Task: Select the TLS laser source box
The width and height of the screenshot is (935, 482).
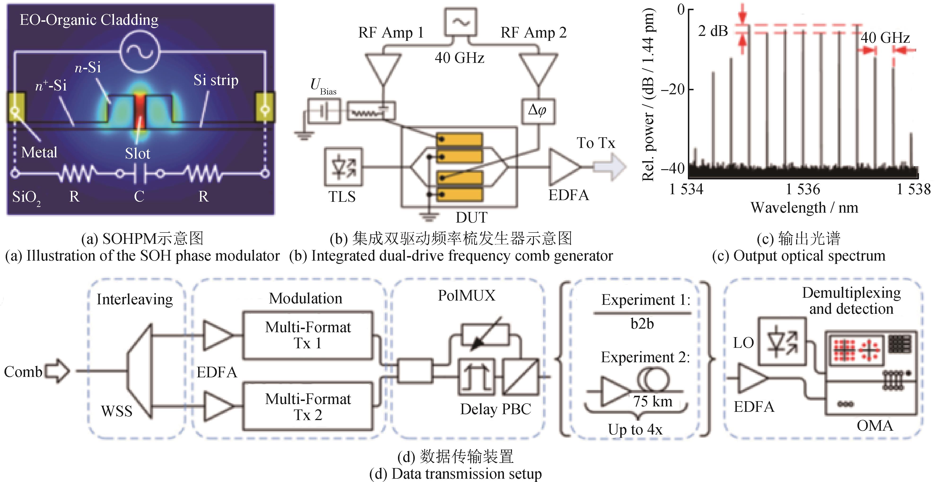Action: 343,167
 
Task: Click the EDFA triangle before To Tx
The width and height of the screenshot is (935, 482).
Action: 564,167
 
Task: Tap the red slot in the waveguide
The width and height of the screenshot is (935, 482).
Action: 140,111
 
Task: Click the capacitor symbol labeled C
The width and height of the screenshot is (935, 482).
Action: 140,174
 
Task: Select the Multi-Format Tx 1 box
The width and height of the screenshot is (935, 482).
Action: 308,335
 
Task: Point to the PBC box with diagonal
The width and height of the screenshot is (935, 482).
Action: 520,377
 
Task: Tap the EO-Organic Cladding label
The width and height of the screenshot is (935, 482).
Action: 89,20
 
